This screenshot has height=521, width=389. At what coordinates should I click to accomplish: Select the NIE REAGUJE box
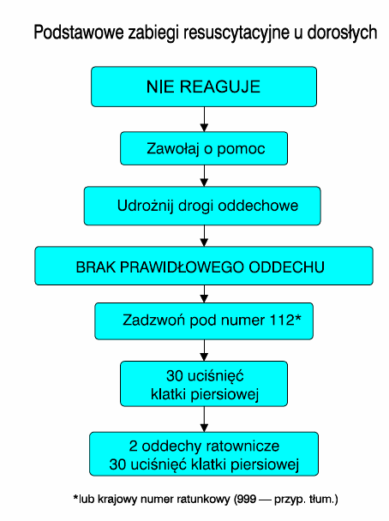coord(204,87)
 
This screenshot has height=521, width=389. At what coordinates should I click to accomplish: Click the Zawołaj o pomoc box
coord(204,148)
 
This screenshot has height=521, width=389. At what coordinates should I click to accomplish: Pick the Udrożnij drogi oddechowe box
coord(202,206)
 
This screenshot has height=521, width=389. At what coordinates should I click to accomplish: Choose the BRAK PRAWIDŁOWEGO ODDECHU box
coord(204,266)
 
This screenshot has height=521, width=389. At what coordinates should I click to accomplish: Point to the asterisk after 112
coord(298,317)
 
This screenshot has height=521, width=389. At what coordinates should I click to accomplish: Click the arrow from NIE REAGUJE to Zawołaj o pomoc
coord(204,119)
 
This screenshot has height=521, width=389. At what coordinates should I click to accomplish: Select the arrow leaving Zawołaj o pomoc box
coord(204,176)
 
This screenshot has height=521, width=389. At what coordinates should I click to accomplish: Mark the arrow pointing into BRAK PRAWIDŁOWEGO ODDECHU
coord(204,236)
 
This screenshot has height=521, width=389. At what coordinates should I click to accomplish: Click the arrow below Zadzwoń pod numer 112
coord(204,350)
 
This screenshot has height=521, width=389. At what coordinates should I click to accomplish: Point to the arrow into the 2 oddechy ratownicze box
coord(204,419)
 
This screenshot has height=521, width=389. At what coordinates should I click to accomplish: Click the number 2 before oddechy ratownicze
coord(133,446)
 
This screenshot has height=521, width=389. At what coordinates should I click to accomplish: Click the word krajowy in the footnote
coord(117,500)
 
